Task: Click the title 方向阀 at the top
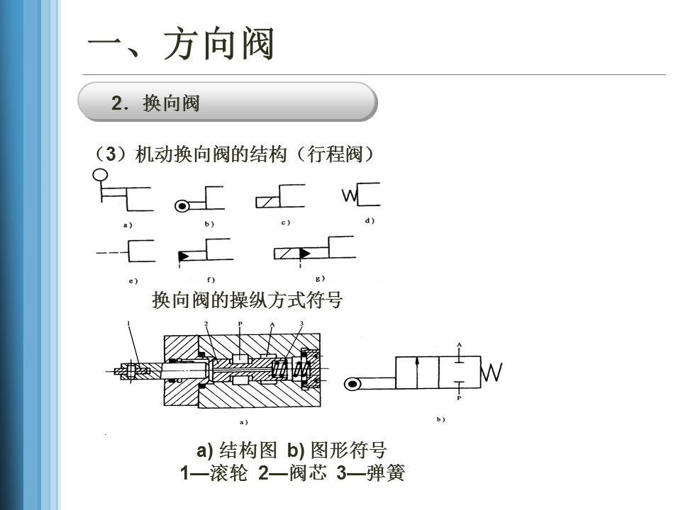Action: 218,44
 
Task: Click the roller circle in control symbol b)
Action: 182,206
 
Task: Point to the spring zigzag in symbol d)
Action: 350,195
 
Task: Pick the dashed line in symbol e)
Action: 111,252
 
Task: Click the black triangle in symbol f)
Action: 183,256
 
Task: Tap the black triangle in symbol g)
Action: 305,253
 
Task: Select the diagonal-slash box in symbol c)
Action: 264,202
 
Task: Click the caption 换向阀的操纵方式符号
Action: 247,300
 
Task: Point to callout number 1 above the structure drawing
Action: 128,324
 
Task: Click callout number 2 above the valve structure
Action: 206,324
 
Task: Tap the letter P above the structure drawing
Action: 240,324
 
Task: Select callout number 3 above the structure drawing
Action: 302,324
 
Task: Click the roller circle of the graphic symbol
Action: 353,384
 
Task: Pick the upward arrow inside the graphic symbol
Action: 418,371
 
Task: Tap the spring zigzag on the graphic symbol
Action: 492,371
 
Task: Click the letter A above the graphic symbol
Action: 459,345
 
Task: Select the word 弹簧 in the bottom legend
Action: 385,473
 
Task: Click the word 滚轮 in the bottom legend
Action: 228,473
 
